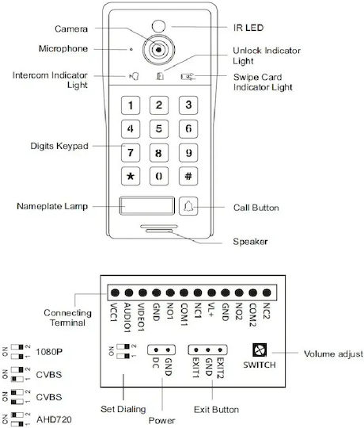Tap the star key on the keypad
tap(131, 176)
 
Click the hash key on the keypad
tap(188, 176)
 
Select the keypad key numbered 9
tap(188, 153)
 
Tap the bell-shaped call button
tap(188, 206)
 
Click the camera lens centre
tap(158, 50)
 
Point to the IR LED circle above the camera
tap(158, 26)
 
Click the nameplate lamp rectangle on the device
tap(147, 206)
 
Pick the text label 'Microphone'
tap(63, 48)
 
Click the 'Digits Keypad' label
tap(59, 146)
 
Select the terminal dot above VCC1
tap(115, 293)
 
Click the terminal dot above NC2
tap(267, 293)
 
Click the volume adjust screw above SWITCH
tap(260, 350)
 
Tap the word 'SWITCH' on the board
tap(260, 365)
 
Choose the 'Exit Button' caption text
tap(216, 410)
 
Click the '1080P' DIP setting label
tap(49, 352)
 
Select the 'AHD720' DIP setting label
tap(54, 419)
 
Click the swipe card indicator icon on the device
tap(188, 77)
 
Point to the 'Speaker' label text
tap(250, 242)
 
